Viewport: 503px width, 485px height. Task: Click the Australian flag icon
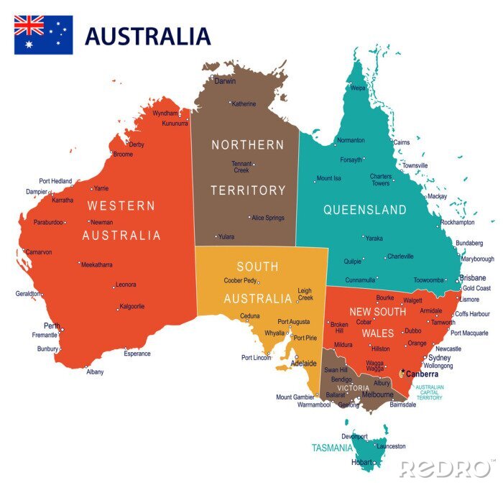pos(43,35)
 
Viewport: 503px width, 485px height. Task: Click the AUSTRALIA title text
pos(148,36)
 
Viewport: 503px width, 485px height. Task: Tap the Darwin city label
pos(225,81)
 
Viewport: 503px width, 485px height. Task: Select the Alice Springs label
pos(267,217)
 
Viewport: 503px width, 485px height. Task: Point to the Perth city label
pos(52,325)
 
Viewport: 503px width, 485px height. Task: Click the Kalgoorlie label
pos(131,306)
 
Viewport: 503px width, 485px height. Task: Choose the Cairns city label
pos(402,142)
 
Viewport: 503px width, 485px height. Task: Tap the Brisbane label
pos(473,277)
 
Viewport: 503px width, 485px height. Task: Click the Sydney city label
pos(439,357)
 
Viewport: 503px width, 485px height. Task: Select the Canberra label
pos(422,374)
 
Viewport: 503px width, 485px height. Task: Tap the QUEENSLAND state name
pos(364,210)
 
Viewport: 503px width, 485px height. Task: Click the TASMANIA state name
pos(332,448)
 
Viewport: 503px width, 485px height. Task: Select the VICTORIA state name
pos(354,388)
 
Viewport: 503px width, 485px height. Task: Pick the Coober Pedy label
pos(240,281)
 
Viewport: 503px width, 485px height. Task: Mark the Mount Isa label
pos(328,178)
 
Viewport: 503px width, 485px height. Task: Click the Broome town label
pos(123,154)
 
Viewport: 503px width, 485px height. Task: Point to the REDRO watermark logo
pos(447,468)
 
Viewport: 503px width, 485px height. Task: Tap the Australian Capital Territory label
pos(429,392)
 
